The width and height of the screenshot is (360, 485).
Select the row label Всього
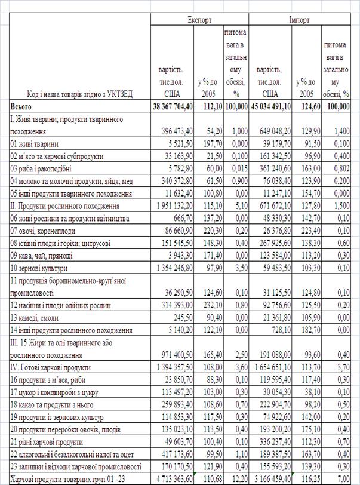point(21,106)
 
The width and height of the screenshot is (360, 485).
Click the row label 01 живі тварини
point(34,143)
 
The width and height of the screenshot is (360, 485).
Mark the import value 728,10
point(281,330)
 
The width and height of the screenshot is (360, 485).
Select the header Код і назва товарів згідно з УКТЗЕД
point(79,94)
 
